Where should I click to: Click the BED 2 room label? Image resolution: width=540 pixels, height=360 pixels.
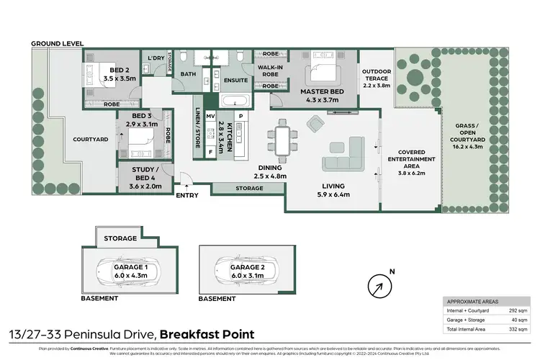click(x=119, y=73)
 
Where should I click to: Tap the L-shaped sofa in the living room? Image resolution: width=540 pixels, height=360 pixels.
click(x=345, y=155)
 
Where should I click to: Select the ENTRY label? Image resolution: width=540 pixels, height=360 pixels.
click(x=187, y=194)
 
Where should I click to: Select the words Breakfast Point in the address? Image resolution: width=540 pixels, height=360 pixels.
click(x=206, y=334)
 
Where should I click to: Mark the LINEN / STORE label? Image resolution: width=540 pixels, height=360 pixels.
click(x=197, y=131)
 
